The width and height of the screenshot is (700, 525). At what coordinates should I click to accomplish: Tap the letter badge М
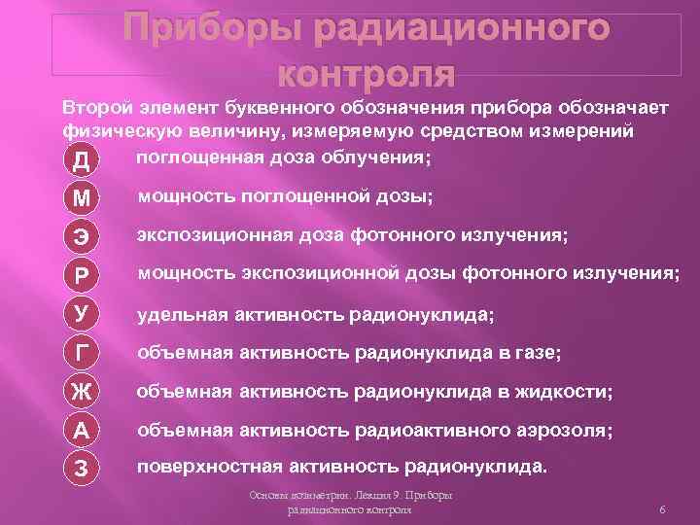pyautogui.click(x=82, y=198)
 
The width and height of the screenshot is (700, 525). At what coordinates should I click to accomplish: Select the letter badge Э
pyautogui.click(x=82, y=237)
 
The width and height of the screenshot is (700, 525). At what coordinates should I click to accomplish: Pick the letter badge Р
pyautogui.click(x=82, y=276)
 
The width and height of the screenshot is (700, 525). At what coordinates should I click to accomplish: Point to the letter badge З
pyautogui.click(x=82, y=468)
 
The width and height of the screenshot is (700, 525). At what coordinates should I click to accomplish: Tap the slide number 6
pyautogui.click(x=661, y=510)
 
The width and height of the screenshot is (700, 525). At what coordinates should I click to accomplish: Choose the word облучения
pyautogui.click(x=379, y=157)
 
